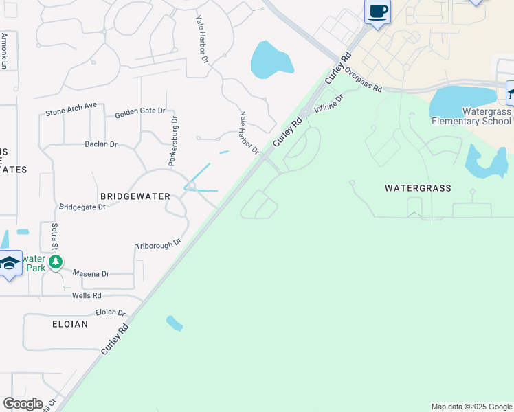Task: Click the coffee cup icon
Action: [x=378, y=12]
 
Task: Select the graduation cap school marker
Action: [x=10, y=264]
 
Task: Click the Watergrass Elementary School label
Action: [x=471, y=116]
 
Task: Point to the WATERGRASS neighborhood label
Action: [x=418, y=187]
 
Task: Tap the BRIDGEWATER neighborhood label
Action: [x=135, y=196]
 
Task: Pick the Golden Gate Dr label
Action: [x=140, y=112]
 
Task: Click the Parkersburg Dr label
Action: [x=174, y=141]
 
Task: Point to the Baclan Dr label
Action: [x=101, y=145]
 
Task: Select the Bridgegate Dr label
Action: [x=82, y=207]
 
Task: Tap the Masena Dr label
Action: [x=91, y=274]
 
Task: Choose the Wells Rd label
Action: [x=87, y=295]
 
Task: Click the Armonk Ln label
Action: [x=4, y=51]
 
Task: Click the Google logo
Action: [x=23, y=404]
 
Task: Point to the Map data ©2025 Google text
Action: [x=471, y=407]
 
